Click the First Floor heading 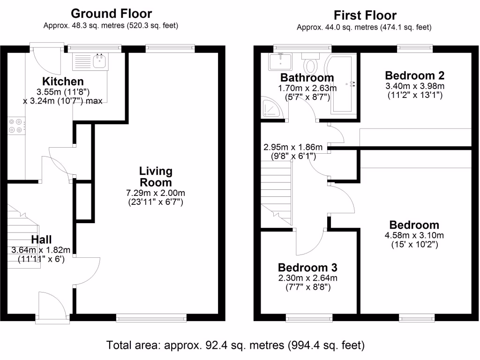[365, 15]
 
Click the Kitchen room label [63, 82]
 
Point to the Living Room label [156, 177]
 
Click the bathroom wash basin [279, 61]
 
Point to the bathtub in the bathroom [345, 84]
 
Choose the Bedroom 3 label [307, 268]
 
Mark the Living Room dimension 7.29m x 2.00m [156, 193]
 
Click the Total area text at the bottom [235, 346]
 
